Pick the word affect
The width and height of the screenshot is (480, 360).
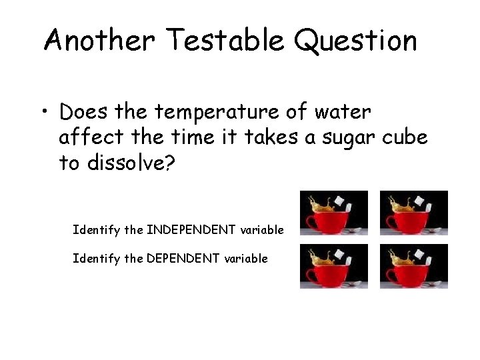coord(89,137)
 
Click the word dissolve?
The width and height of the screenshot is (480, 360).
coord(129,163)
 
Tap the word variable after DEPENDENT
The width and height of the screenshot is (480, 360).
coord(247,257)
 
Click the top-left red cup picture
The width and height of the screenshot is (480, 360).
coord(333,213)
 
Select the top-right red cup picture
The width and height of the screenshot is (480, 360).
coord(413,213)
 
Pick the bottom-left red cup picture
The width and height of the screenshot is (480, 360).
coord(333,266)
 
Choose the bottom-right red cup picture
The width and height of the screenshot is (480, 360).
coord(413,266)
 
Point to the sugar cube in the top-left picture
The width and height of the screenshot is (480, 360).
coord(344,200)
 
